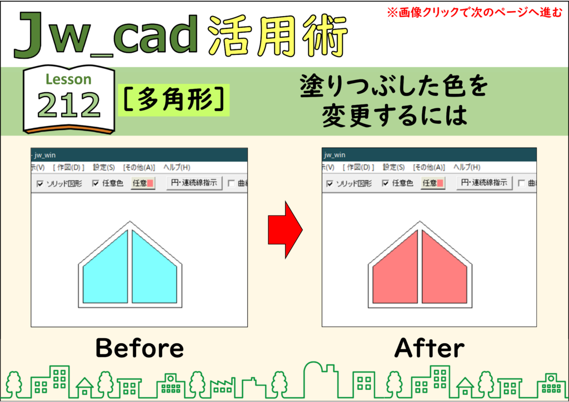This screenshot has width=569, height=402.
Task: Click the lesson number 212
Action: [x=69, y=105]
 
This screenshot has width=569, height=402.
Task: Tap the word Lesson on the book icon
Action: [x=68, y=79]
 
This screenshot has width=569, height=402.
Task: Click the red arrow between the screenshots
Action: [x=285, y=230]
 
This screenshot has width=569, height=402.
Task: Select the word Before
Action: [x=139, y=348]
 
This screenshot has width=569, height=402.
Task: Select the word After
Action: [x=430, y=348]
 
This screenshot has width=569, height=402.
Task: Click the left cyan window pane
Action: [x=108, y=272]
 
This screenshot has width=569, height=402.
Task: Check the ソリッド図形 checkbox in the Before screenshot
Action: [x=40, y=184]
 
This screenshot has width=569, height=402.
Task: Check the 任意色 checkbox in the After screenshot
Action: [x=386, y=183]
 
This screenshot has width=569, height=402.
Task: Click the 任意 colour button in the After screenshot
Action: [x=433, y=183]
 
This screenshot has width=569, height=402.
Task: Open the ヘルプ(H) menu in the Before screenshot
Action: [x=177, y=168]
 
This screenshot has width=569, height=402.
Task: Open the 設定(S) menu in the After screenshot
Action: [x=394, y=167]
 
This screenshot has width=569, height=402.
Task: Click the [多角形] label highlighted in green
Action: [x=173, y=100]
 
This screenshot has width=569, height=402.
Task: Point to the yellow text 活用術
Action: [x=278, y=36]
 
